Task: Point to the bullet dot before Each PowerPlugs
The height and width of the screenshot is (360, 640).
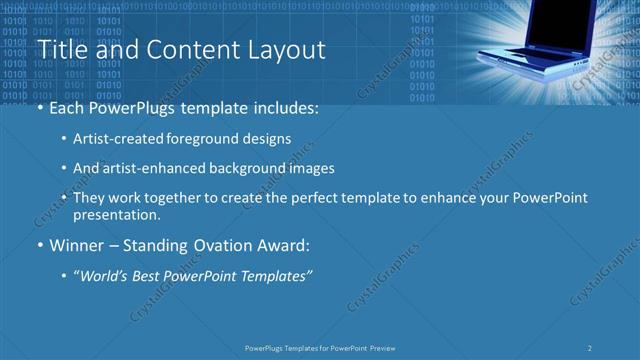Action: (x=38, y=107)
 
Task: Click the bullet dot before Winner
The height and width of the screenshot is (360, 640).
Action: (x=38, y=245)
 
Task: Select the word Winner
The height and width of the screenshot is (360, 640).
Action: (x=77, y=245)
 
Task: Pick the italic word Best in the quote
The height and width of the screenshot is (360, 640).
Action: (x=149, y=275)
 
